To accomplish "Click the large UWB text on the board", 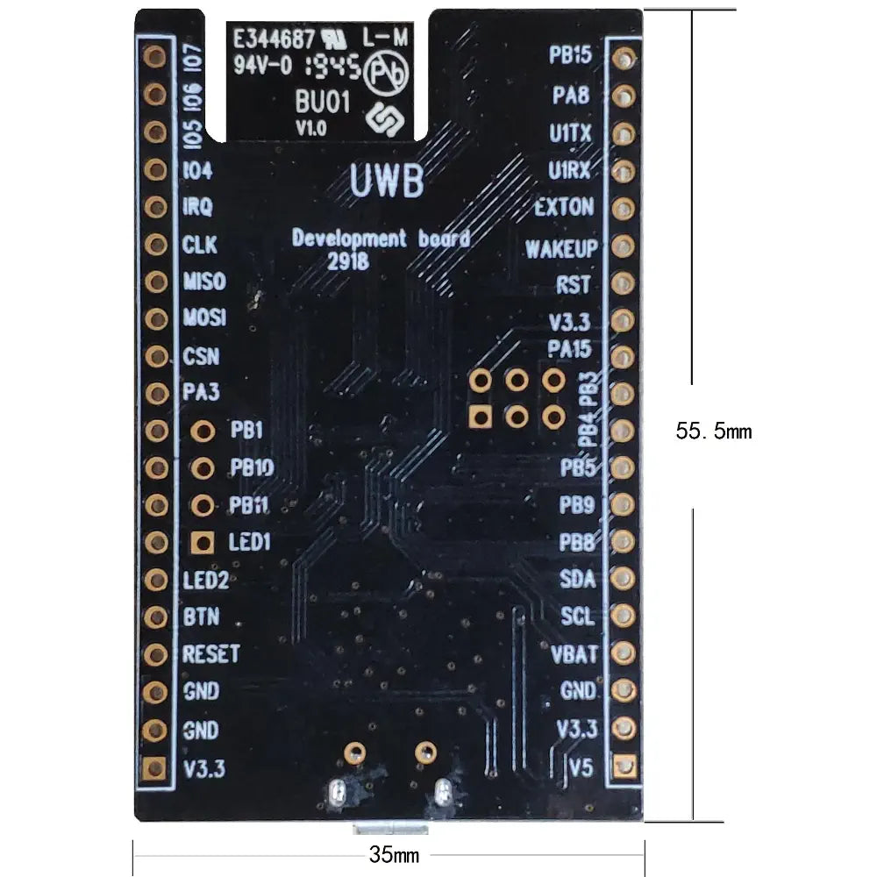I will point(387,182).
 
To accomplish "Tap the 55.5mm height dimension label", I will point(714,431).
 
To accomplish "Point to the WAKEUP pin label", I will point(560,248).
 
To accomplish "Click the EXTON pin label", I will point(564,209).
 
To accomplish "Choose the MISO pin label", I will point(203,282).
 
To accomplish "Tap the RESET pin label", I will point(210,653).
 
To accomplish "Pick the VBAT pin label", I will point(575,653).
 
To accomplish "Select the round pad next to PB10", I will point(203,468).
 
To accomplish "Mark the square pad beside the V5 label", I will point(624,766).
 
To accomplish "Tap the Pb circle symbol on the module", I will point(387,72).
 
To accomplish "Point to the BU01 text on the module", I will point(324,102).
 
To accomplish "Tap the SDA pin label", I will point(577,579).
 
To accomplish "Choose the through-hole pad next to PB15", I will point(624,58).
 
